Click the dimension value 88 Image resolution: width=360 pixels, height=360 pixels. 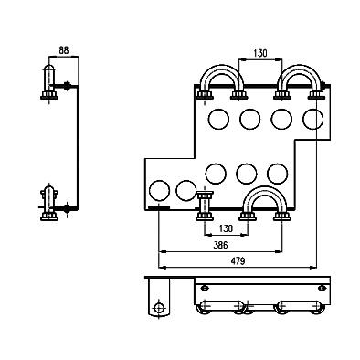point(64,50)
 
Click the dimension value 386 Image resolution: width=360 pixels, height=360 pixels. point(220,245)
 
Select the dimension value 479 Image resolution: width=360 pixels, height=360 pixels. point(238,261)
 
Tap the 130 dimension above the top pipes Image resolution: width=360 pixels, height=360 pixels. point(260,53)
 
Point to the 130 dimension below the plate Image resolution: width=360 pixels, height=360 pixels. point(226,228)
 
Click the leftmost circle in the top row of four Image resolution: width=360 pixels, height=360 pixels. point(218,119)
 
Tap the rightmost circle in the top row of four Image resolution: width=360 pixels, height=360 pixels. point(312,119)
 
